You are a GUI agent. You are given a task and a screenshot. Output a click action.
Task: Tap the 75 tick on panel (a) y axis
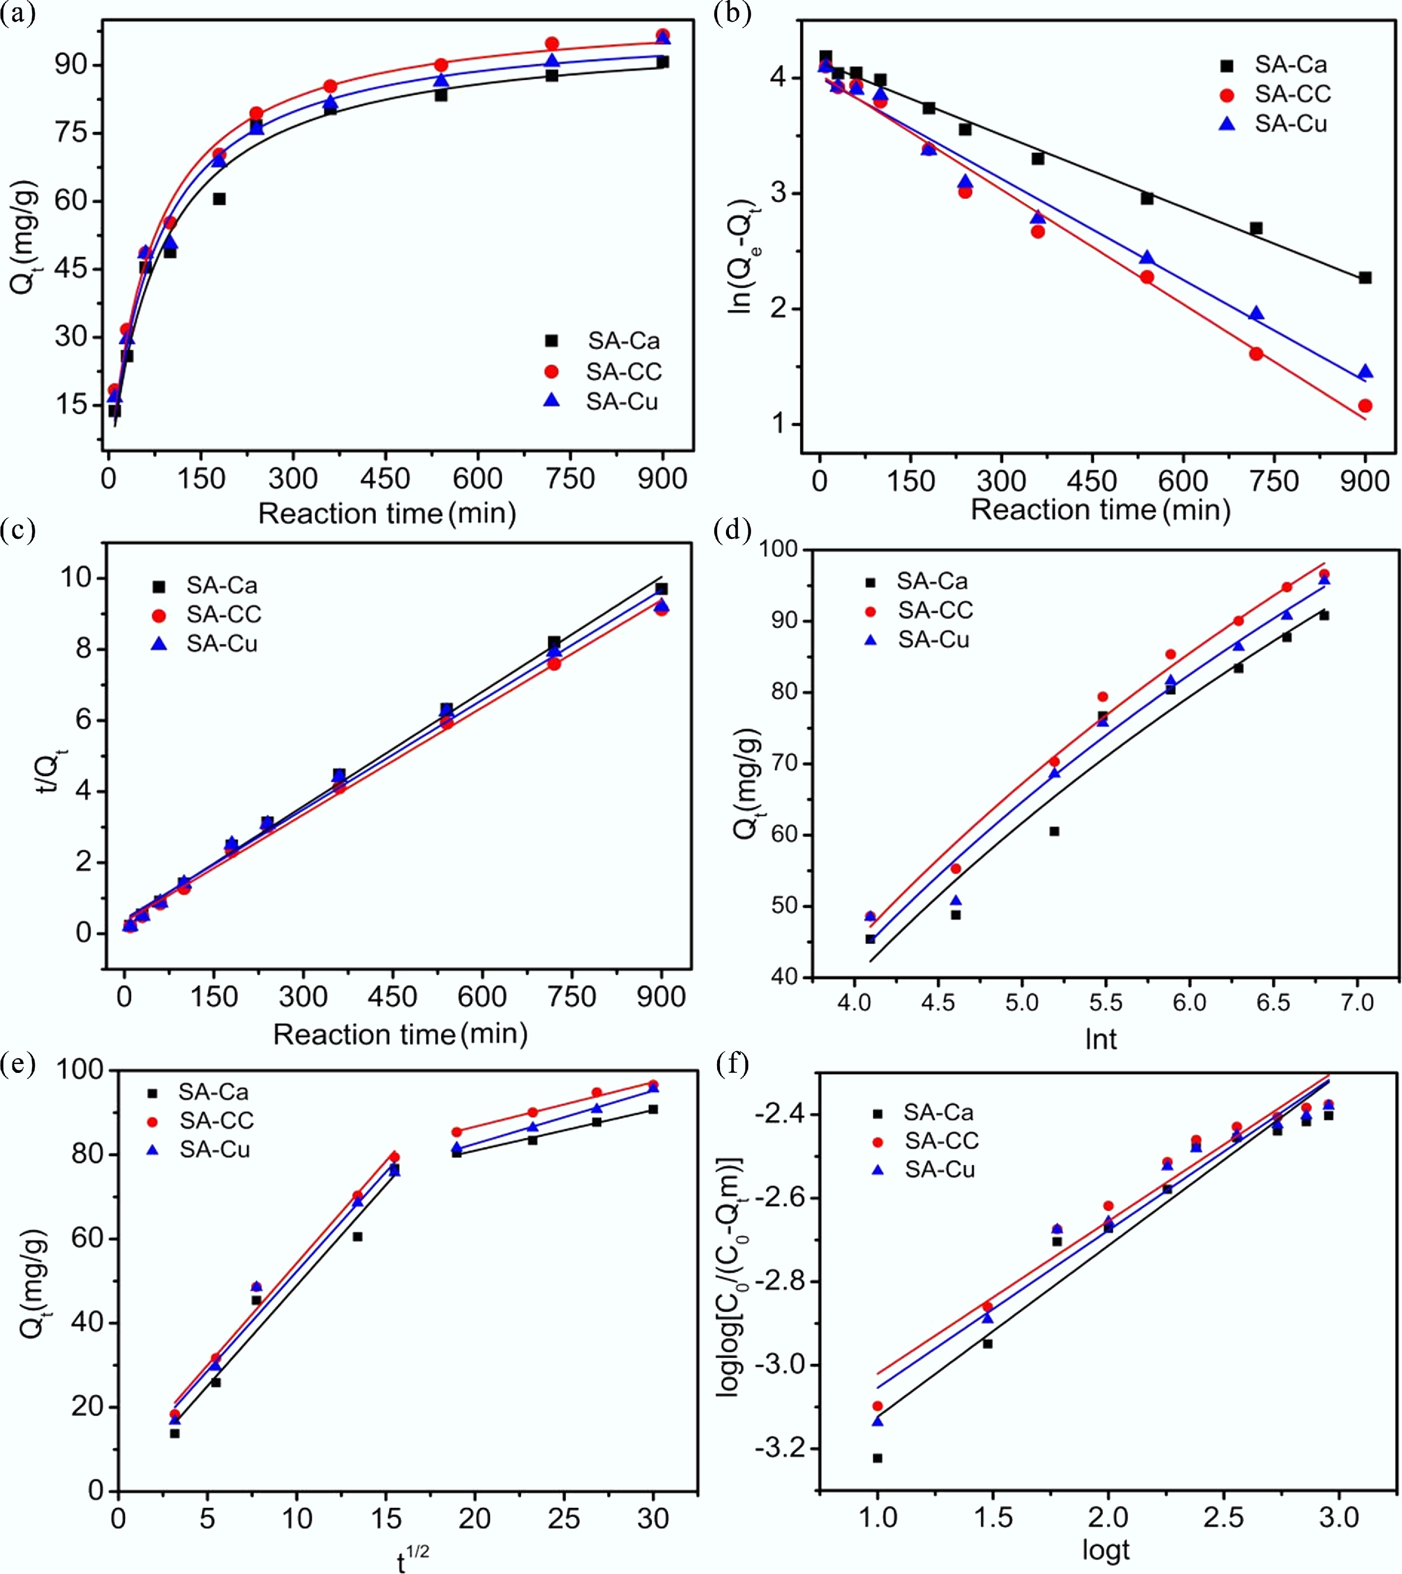[70, 133]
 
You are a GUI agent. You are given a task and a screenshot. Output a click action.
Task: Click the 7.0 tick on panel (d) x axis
[1357, 1002]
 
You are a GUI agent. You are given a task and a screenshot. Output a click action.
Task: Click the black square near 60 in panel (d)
[1054, 832]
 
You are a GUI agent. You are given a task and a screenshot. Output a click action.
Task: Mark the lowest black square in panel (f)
[877, 1458]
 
